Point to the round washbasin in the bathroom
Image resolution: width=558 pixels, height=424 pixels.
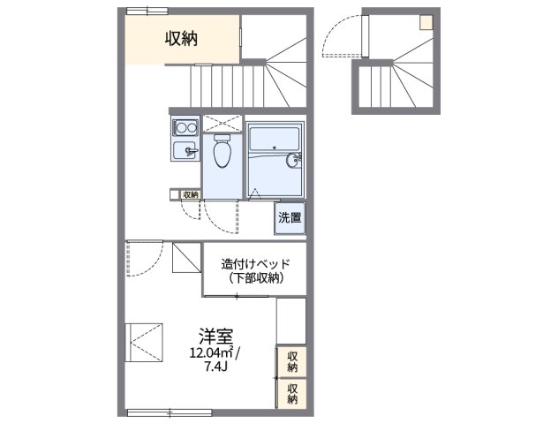(293, 160)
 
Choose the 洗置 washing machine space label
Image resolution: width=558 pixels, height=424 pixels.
(289, 216)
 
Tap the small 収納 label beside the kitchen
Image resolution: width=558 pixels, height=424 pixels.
(191, 193)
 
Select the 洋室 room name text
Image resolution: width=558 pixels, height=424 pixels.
(215, 336)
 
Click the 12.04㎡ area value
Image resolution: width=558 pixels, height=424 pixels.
(211, 353)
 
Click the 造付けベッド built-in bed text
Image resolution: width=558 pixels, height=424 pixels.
(255, 263)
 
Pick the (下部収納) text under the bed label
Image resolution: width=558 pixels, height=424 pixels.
(255, 278)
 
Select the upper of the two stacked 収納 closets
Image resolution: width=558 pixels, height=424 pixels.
(291, 361)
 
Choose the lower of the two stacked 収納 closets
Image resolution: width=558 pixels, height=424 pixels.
(291, 393)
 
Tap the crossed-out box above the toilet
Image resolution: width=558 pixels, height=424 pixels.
(222, 123)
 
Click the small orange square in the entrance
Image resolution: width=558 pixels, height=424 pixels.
(426, 22)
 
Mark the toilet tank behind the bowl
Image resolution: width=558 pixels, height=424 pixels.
(222, 139)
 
